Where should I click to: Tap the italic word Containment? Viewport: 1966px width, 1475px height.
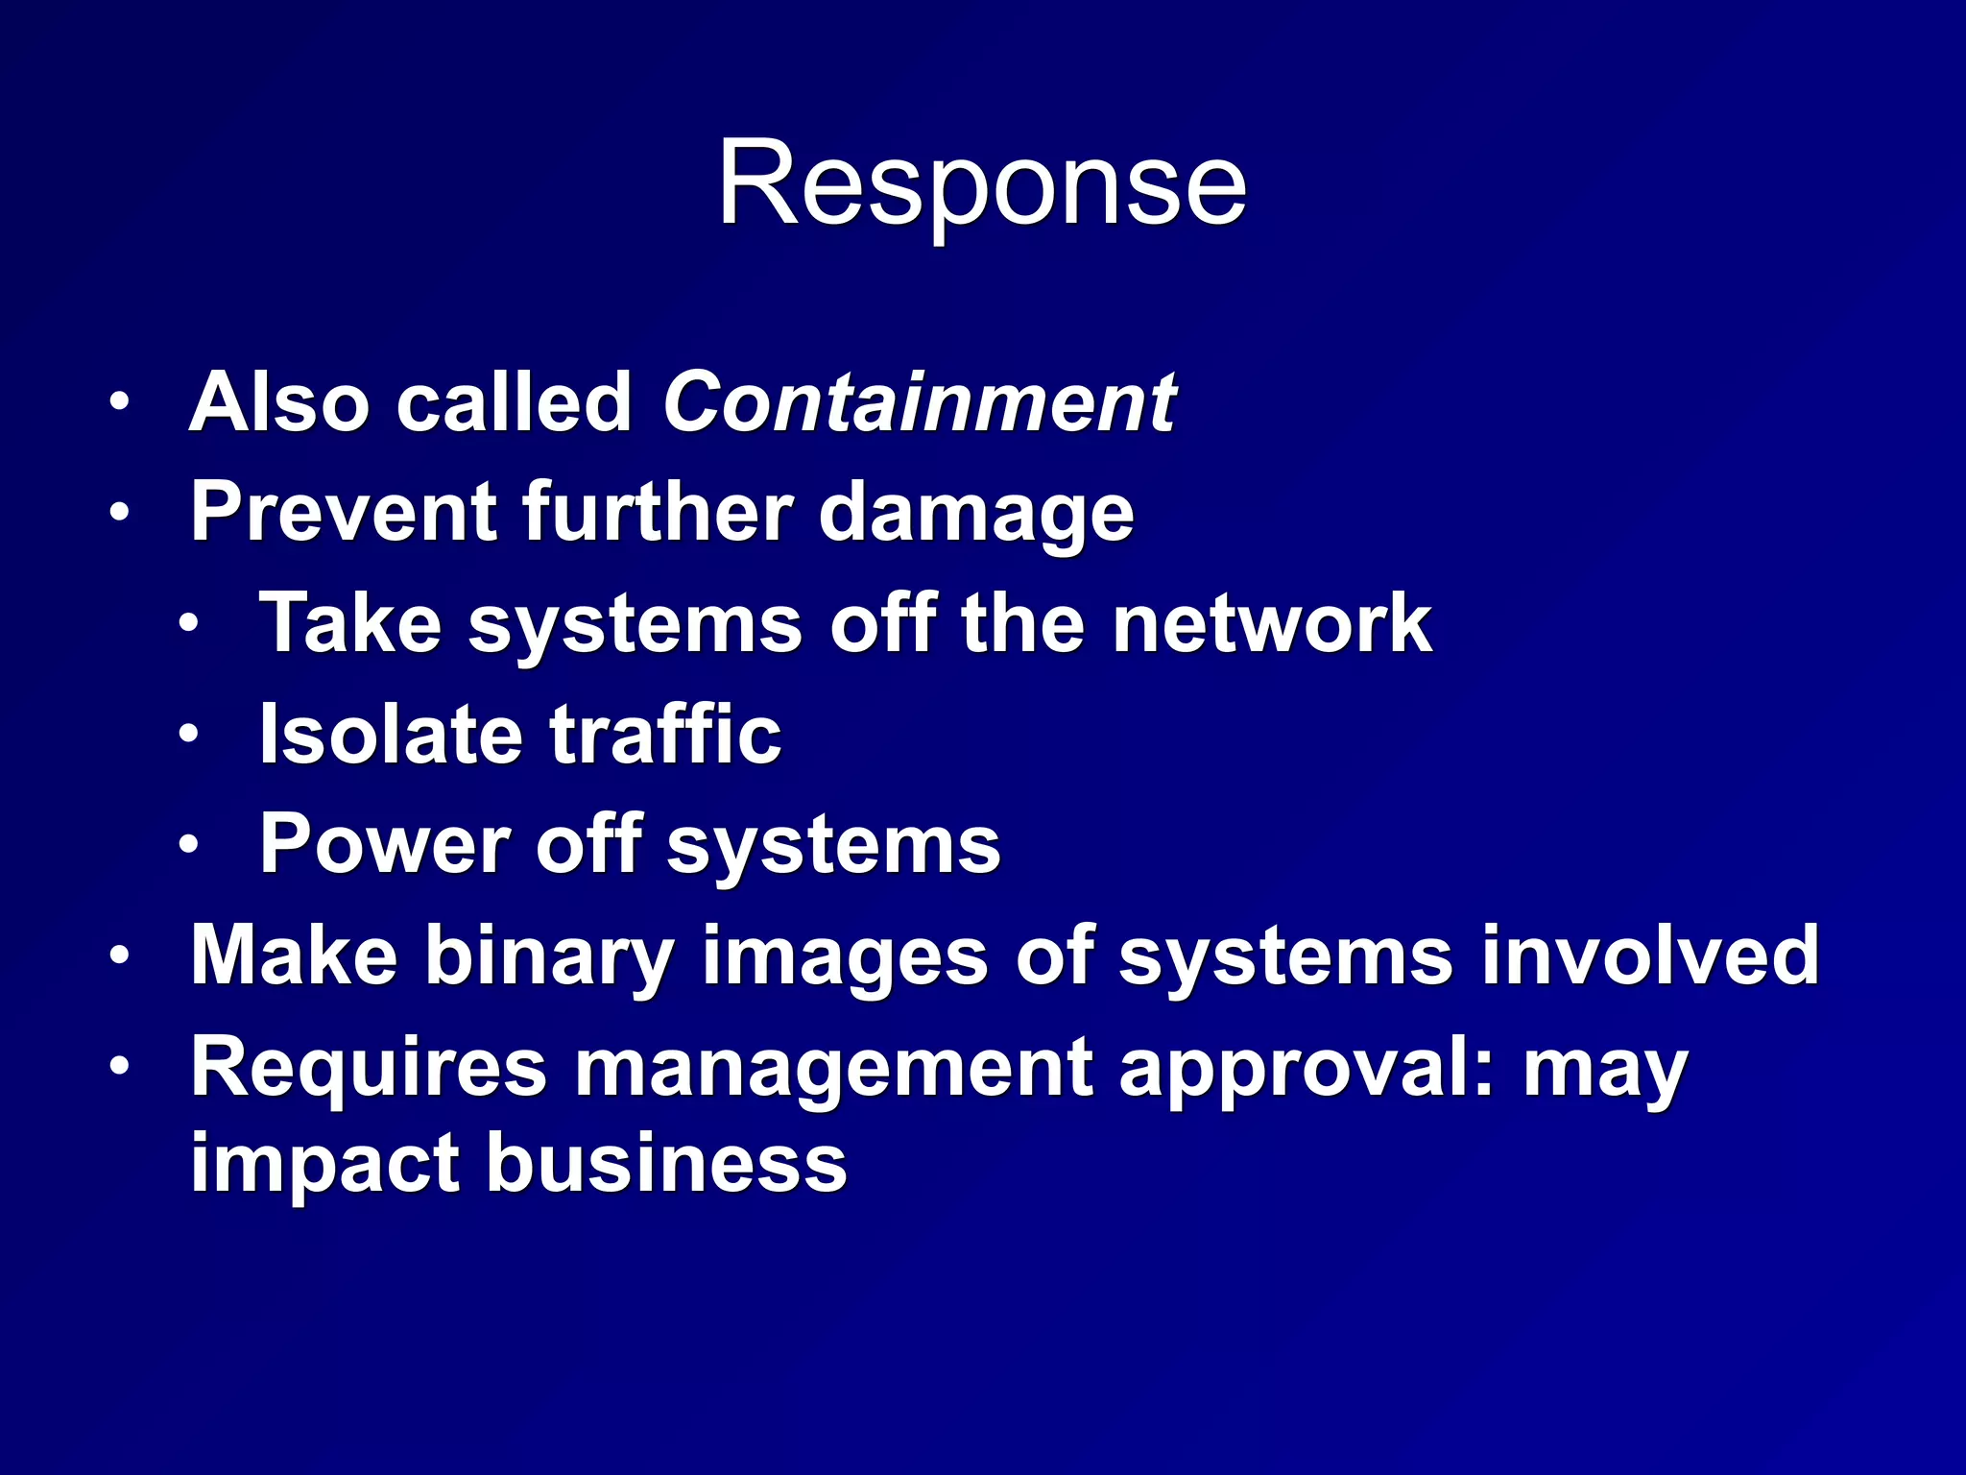919,402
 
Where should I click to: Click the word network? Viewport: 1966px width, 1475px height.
1272,624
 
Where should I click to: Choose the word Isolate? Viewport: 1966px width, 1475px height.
390,735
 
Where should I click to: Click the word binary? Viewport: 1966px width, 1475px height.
550,957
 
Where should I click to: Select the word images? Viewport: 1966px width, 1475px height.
845,957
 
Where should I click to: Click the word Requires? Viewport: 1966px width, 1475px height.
369,1068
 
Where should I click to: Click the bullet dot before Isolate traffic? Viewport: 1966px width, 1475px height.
189,735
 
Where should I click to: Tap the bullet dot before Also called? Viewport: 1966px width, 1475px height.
119,402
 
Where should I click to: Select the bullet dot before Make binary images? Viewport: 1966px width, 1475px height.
119,956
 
